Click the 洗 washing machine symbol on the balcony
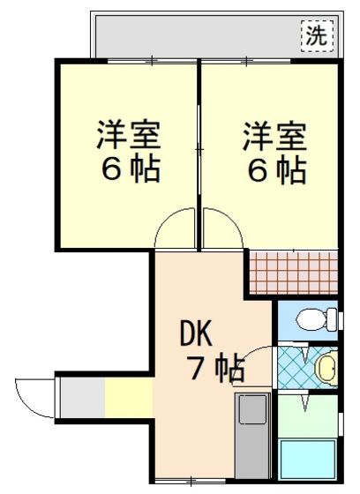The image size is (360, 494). click(317, 36)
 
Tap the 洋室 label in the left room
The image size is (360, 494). click(129, 136)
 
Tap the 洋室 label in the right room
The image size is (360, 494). click(274, 136)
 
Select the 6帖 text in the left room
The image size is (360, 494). click(131, 168)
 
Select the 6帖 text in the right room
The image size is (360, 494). click(277, 169)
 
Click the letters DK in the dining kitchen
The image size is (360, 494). click(196, 333)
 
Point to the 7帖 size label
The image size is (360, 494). click(215, 367)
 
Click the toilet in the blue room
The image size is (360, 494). click(317, 319)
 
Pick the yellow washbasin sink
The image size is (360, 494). click(326, 368)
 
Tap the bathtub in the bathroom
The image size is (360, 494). click(308, 460)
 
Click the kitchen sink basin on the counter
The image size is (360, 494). click(253, 409)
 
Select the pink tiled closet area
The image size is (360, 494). click(294, 273)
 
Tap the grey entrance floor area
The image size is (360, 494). click(82, 398)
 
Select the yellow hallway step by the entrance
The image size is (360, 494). click(129, 398)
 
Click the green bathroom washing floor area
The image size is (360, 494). click(308, 415)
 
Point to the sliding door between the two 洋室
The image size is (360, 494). click(199, 150)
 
